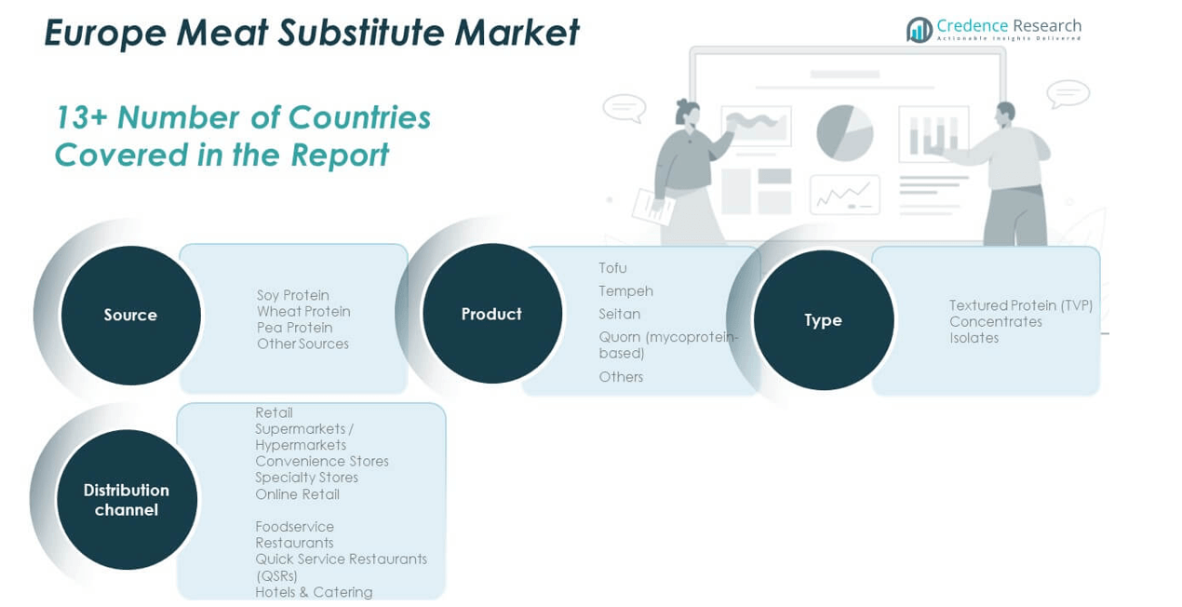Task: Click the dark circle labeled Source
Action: pos(130,316)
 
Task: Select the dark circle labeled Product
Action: pos(491,315)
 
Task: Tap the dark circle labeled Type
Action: pos(823,320)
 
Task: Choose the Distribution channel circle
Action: pos(127,500)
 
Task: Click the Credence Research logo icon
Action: pos(920,30)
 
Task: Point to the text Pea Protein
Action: pos(294,328)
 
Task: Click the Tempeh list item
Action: pos(625,291)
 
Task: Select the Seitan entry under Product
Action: pos(619,315)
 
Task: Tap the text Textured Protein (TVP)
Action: pos(1020,305)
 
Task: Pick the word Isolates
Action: pos(974,338)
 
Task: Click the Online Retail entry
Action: pos(297,494)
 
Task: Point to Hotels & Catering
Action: pos(314,592)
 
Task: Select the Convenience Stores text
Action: pos(322,462)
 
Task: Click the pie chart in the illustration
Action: pos(844,132)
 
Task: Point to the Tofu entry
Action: pos(612,268)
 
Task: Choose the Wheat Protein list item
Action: pos(303,312)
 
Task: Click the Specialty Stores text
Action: pos(306,478)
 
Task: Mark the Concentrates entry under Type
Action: pos(995,322)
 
